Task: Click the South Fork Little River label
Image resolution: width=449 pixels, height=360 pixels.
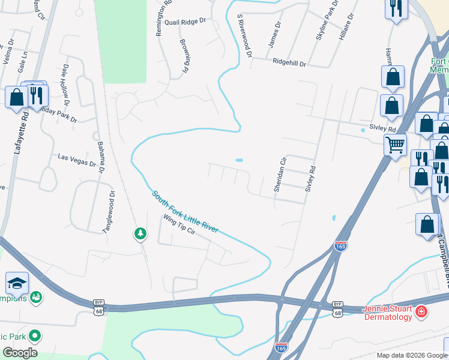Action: (185, 212)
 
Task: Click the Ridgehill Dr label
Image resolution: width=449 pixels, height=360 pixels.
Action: (289, 62)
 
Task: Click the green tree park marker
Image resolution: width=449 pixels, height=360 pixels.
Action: (140, 233)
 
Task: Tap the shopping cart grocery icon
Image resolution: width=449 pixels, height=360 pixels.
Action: (395, 143)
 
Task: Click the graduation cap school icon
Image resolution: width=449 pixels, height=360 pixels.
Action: (17, 282)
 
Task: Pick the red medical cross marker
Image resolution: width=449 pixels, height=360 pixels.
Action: (421, 311)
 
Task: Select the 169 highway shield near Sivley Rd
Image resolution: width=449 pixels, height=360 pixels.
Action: (340, 247)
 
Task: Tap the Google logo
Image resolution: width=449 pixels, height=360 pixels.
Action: (20, 353)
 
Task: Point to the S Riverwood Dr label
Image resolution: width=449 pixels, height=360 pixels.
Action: (244, 36)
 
